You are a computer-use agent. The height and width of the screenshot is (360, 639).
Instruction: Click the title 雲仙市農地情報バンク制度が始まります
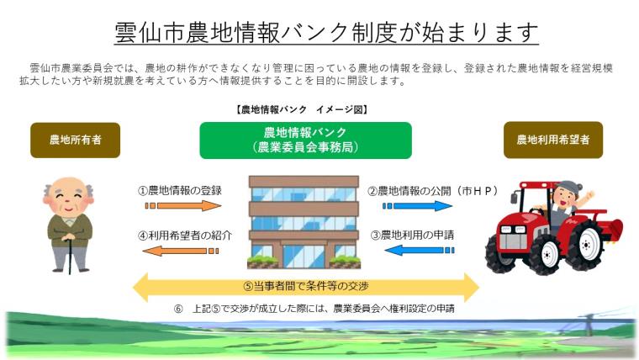[325, 32]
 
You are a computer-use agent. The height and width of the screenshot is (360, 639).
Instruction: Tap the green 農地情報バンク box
[305, 140]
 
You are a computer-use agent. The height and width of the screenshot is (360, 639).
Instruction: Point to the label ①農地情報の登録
[180, 190]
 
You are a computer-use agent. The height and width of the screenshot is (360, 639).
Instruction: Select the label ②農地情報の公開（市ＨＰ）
[431, 190]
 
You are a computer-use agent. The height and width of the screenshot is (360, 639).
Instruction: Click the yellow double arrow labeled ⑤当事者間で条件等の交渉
[306, 286]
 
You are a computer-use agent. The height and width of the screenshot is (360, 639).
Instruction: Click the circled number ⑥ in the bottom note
[178, 309]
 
